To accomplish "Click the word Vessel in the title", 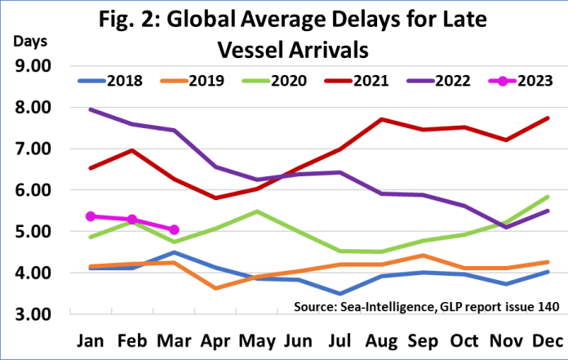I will coord(255,49).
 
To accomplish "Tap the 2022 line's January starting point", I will coord(91,109).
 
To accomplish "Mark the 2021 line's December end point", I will coord(547,118).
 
